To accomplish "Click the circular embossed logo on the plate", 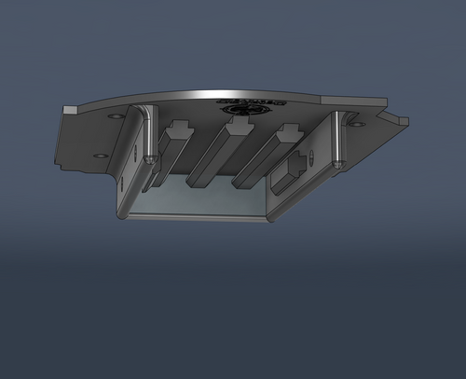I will pos(240,107).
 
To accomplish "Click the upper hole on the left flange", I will pos(114,117).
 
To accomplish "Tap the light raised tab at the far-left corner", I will pos(66,109).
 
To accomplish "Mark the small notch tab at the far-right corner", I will pos(402,118).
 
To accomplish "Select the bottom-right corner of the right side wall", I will pos(270,220).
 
